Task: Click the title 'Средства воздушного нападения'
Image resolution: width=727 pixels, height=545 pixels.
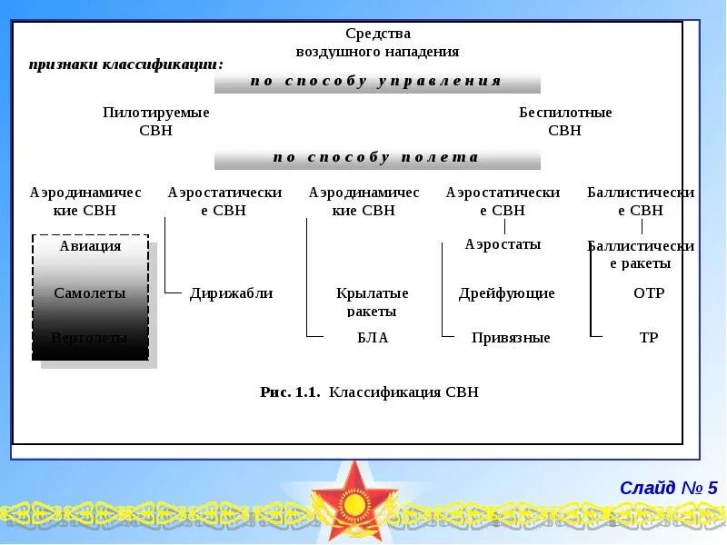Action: coord(377,43)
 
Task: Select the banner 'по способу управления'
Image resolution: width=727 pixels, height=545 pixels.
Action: coord(376,81)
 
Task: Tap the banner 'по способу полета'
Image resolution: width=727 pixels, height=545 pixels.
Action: coord(376,157)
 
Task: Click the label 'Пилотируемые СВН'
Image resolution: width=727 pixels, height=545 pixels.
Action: coord(156,121)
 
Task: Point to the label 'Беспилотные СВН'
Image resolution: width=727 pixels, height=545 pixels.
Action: coord(565,121)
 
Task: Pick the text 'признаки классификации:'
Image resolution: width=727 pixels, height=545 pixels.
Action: coord(126,64)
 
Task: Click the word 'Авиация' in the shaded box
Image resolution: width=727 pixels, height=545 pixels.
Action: coord(90,246)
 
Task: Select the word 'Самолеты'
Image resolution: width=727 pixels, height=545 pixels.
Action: coord(89,293)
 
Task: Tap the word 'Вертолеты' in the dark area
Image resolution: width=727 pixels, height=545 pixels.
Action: coord(89,338)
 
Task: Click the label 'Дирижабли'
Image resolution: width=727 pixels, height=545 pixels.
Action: coord(232,293)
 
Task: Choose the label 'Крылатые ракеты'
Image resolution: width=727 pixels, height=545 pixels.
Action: coord(373,302)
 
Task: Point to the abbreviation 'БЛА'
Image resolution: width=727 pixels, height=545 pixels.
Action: coord(373,338)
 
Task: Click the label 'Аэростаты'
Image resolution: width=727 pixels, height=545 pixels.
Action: coord(503,244)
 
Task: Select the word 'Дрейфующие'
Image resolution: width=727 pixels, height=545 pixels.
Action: coord(507,293)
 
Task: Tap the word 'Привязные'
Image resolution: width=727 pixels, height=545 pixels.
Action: coord(511,338)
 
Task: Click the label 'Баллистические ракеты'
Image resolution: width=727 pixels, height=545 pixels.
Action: coord(641,254)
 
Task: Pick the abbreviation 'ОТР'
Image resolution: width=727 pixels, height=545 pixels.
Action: coord(649,293)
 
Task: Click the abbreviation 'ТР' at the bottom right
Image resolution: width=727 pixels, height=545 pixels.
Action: coord(649,338)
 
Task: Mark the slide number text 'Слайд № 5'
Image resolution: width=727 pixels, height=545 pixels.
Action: coord(669,488)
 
